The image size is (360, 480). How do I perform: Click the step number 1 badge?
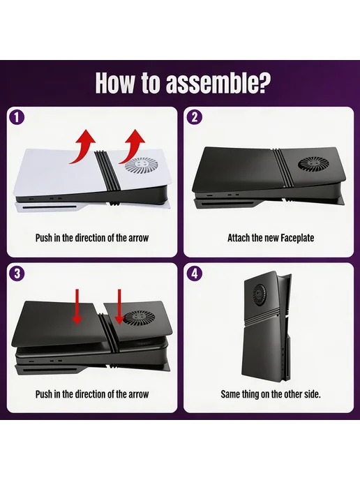coord(17,118)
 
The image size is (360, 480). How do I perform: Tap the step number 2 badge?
coord(195,117)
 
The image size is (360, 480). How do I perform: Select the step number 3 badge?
coord(17,273)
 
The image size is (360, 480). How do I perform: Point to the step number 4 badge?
coord(195,273)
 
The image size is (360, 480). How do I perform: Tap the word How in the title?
coord(114,82)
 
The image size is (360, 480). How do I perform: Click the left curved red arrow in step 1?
coord(82,147)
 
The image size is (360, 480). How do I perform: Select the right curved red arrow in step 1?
coord(133,147)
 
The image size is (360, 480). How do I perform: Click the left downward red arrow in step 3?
coord(77,306)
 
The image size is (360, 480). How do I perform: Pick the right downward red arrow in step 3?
coord(119,306)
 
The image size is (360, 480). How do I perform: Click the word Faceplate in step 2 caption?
coord(297,238)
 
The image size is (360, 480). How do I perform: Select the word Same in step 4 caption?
coord(230,393)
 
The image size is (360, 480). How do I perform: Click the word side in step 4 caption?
coord(312,393)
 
